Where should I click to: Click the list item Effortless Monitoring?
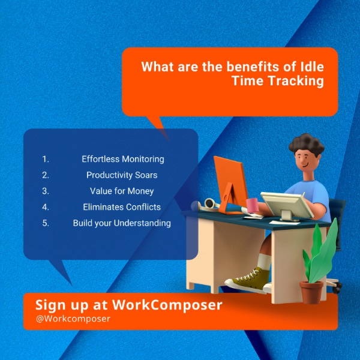click(123, 159)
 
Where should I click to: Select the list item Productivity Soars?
click(122, 175)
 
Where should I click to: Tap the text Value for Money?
click(122, 191)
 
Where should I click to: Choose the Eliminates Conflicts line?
click(122, 207)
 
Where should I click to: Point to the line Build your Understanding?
click(122, 223)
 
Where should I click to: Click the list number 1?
click(46, 159)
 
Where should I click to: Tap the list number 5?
click(46, 223)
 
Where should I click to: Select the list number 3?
click(46, 191)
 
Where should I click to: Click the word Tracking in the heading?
click(296, 81)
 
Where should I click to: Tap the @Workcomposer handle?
click(73, 319)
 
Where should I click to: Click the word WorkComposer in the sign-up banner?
click(167, 305)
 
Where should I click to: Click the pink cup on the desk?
click(253, 205)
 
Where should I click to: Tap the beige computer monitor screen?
click(287, 205)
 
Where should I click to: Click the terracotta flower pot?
click(311, 292)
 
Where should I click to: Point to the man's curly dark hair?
click(307, 144)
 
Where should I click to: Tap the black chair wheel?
click(337, 288)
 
